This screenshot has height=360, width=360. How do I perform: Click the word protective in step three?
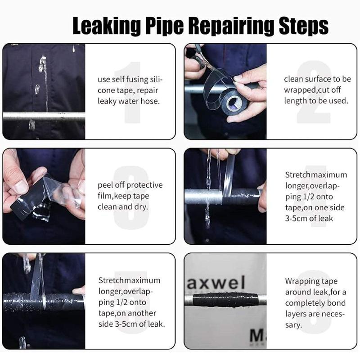tap(144, 185)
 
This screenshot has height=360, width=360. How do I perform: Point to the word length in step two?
tap(294, 101)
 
